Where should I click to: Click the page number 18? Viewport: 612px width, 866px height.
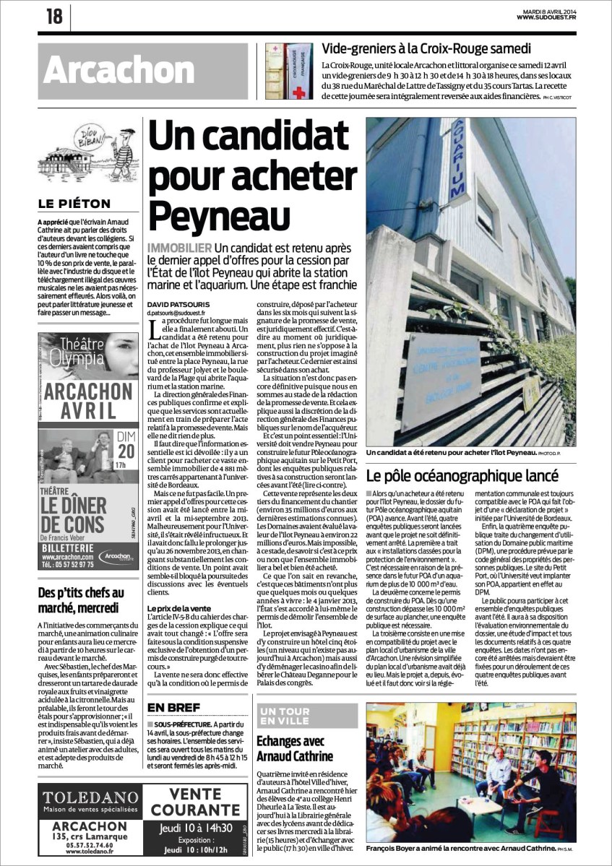pos(54,16)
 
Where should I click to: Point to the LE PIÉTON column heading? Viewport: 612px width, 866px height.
pos(75,204)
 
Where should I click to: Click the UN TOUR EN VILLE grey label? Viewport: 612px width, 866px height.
pos(285,716)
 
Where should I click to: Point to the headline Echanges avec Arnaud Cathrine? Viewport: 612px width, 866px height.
pos(294,748)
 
